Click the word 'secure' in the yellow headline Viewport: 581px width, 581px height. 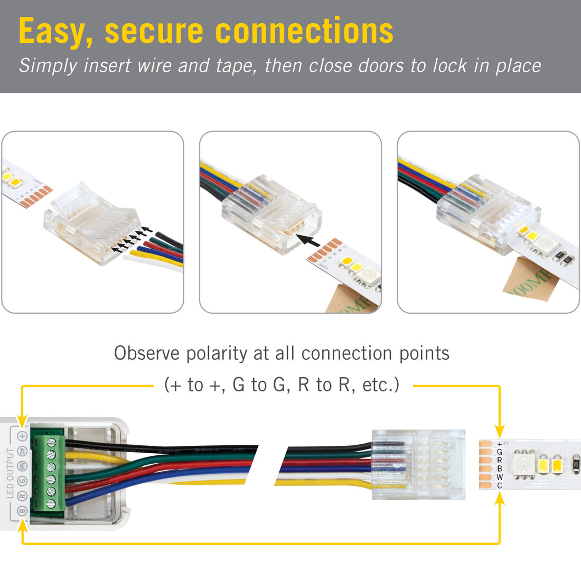click(x=153, y=32)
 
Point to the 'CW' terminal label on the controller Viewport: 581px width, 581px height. click(x=22, y=451)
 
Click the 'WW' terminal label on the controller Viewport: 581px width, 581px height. click(x=22, y=466)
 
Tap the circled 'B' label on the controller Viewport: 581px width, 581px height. click(x=22, y=511)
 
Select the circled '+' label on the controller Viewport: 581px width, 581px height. click(x=22, y=436)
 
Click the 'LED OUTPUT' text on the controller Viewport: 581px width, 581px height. click(x=10, y=473)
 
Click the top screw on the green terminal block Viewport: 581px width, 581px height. click(x=51, y=442)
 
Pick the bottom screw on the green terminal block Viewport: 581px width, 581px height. click(x=51, y=504)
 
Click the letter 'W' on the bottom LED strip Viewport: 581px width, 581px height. click(x=500, y=477)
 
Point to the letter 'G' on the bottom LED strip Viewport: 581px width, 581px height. click(x=500, y=452)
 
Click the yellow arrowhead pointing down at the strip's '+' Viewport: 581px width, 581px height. click(x=499, y=429)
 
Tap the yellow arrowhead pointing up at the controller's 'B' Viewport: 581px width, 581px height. click(x=22, y=526)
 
